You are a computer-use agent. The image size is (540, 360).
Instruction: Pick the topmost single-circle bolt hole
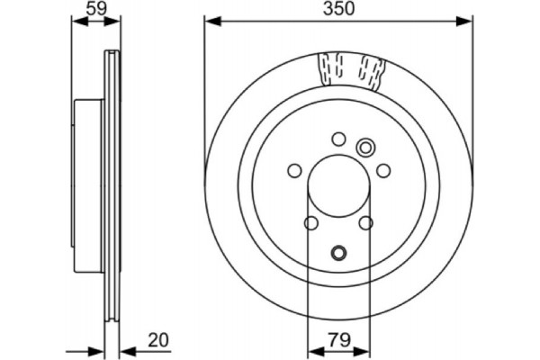point(338,139)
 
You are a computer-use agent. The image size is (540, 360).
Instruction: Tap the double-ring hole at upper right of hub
point(366,148)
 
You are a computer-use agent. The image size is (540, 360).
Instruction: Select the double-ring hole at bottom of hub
point(338,253)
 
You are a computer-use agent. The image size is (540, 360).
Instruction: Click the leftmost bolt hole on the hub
point(294,170)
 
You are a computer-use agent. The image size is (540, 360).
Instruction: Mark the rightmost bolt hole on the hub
point(382,170)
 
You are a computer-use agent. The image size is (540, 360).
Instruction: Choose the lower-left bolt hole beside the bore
point(311,223)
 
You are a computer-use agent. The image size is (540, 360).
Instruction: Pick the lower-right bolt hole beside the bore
point(365,223)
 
